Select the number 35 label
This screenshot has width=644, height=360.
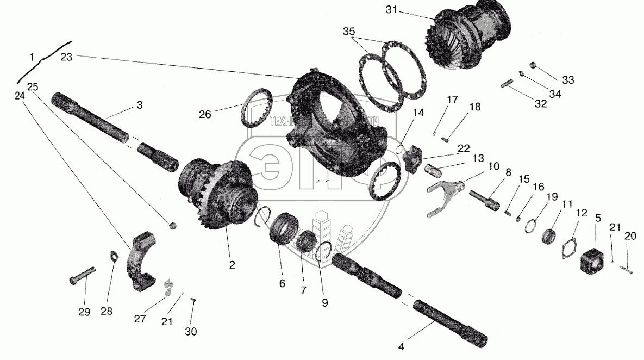tap(350, 31)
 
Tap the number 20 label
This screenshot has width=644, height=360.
tap(630, 235)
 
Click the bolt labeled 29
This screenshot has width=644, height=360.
tap(82, 274)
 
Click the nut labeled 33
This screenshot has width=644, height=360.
tap(533, 66)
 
